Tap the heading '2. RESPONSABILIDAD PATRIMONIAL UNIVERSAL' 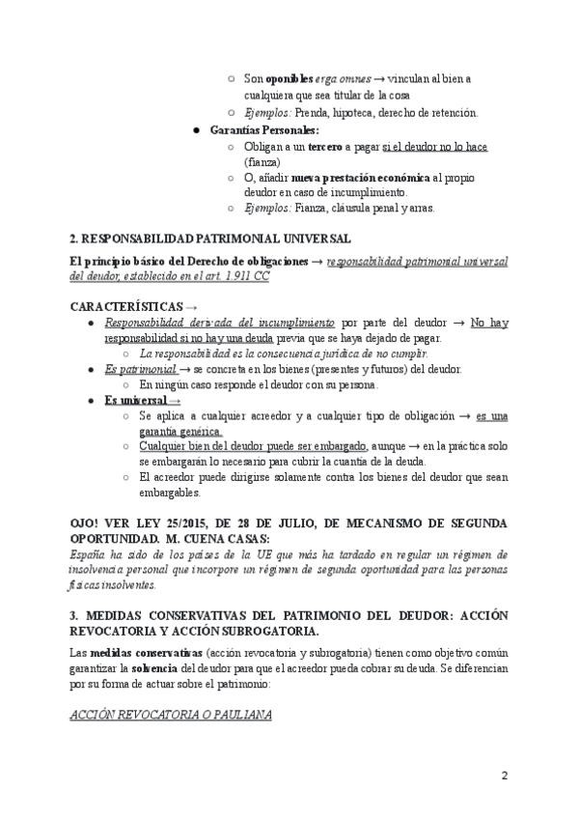(196, 238)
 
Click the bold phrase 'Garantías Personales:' (264, 129)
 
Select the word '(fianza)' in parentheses (262, 162)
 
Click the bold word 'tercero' (326, 146)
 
